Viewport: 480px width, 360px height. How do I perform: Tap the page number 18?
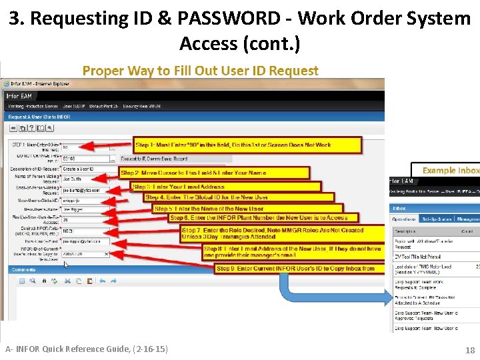[x=470, y=349]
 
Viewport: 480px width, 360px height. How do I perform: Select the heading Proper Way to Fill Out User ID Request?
[x=200, y=71]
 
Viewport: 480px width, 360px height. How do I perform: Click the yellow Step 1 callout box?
[x=247, y=145]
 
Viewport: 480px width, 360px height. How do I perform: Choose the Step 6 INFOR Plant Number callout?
[x=263, y=217]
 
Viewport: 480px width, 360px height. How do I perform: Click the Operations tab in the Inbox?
[x=405, y=219]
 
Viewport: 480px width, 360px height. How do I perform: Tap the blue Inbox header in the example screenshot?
[x=433, y=207]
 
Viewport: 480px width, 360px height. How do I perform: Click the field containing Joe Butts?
[x=83, y=180]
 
